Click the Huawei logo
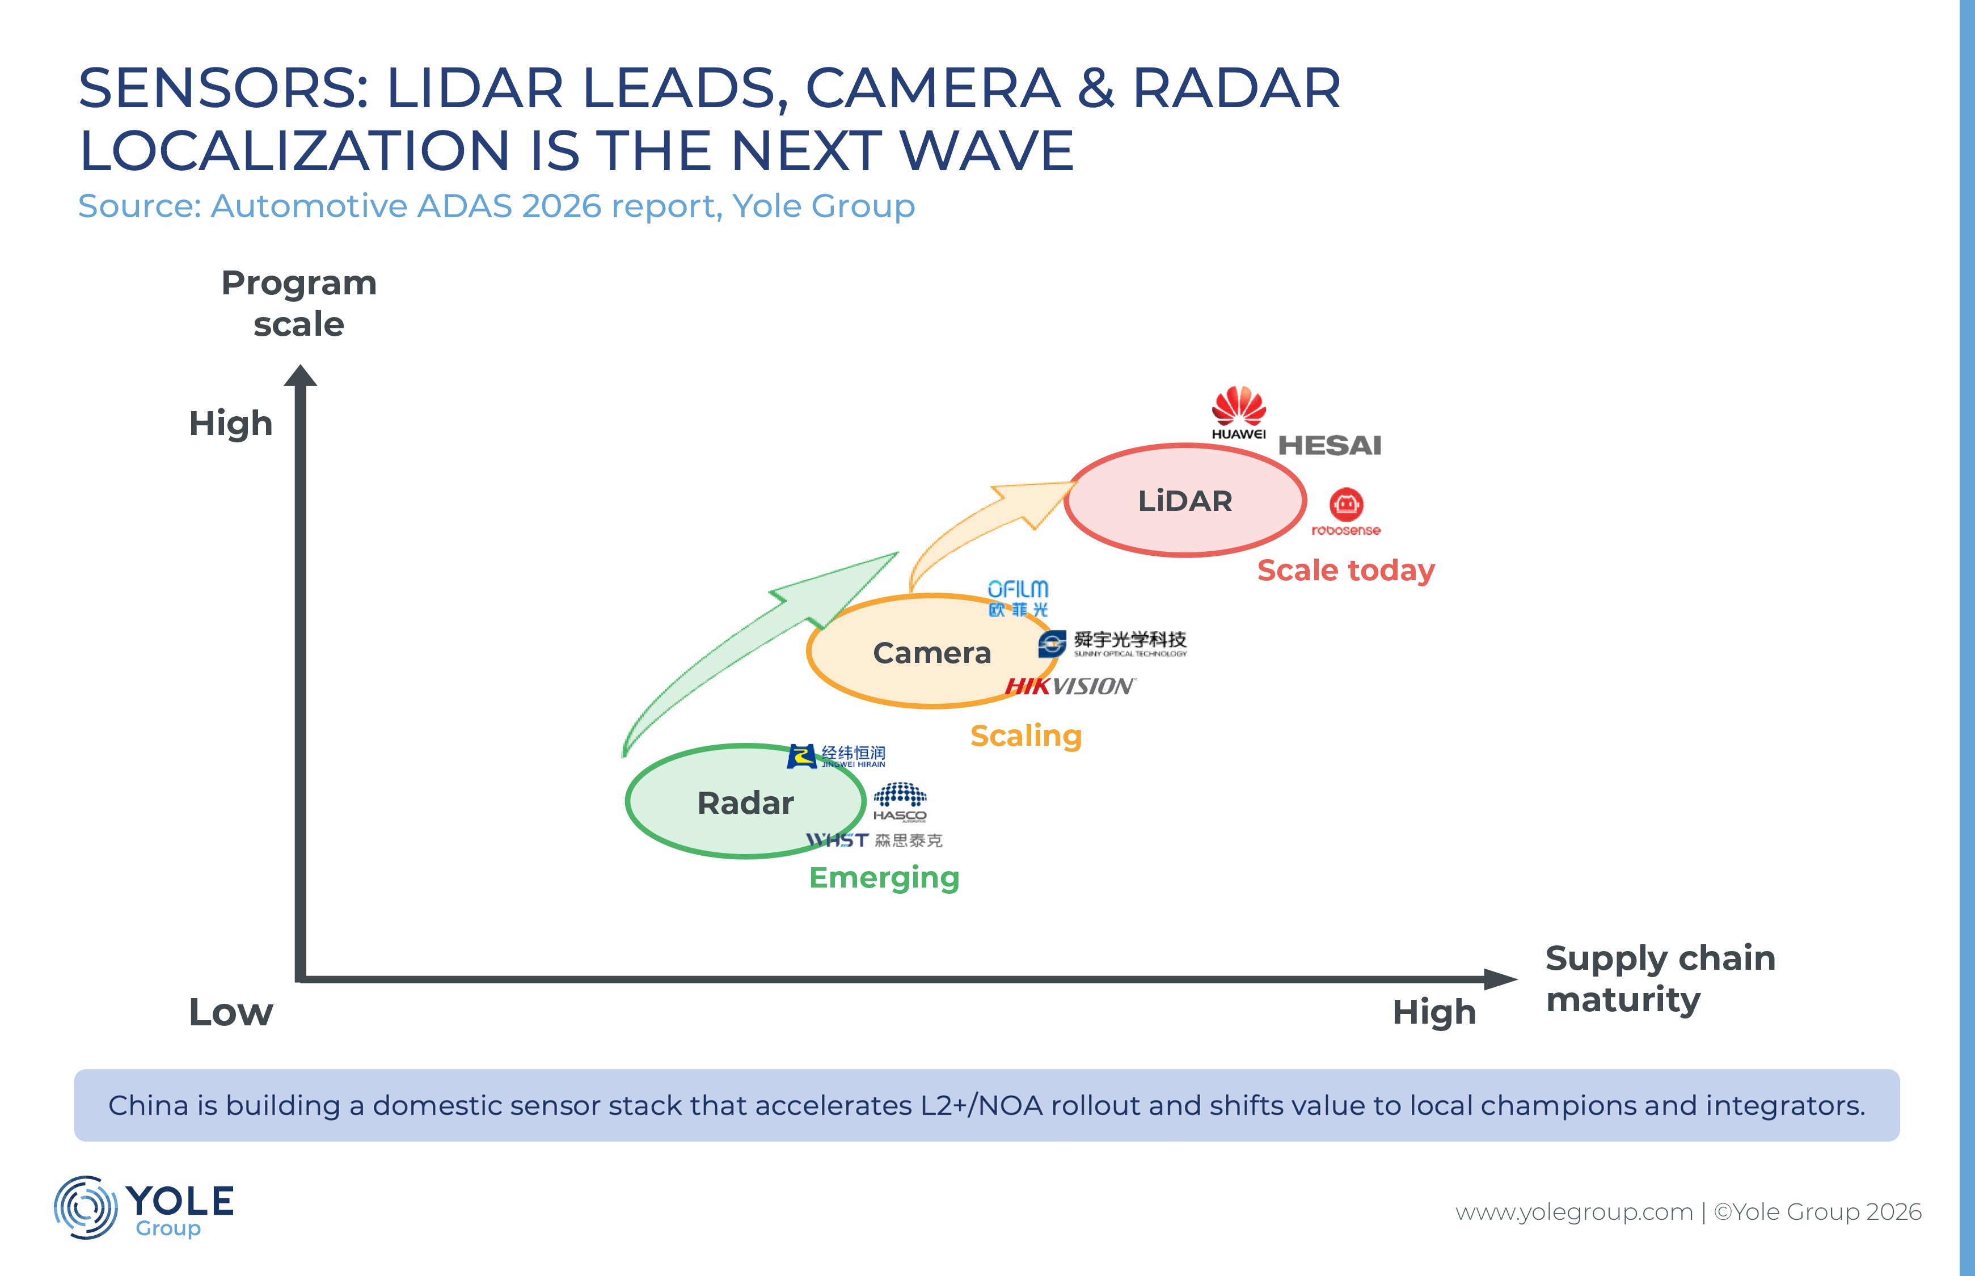click(x=1239, y=413)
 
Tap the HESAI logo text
click(x=1330, y=446)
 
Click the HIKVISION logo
click(x=1070, y=686)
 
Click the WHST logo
click(x=874, y=840)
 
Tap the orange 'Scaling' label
click(x=1026, y=736)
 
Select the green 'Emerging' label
click(x=884, y=877)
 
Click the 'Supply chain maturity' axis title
click(x=1660, y=978)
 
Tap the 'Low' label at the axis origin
click(x=230, y=1012)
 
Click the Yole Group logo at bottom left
click(x=144, y=1208)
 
